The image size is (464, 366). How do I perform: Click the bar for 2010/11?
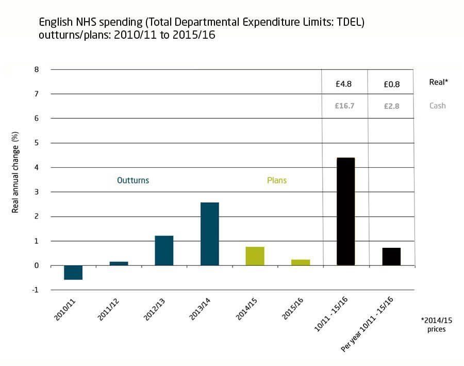[73, 273]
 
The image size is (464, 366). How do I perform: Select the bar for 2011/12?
[119, 263]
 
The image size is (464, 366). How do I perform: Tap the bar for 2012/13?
[164, 251]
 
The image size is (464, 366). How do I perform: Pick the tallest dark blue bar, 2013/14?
[209, 234]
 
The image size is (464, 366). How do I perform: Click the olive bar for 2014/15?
[255, 256]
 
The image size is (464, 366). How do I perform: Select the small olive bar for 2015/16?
[300, 262]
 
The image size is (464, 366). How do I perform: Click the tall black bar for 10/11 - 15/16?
[345, 212]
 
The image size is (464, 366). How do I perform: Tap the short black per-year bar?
[391, 257]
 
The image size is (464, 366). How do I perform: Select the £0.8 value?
[391, 84]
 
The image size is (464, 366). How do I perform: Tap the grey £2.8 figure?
[391, 106]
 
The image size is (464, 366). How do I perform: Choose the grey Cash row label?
[437, 106]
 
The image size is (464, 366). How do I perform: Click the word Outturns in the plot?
[133, 181]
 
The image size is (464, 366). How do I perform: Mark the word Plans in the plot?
[277, 181]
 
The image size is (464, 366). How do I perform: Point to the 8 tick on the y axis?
[36, 69]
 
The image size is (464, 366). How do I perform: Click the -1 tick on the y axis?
[35, 290]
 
